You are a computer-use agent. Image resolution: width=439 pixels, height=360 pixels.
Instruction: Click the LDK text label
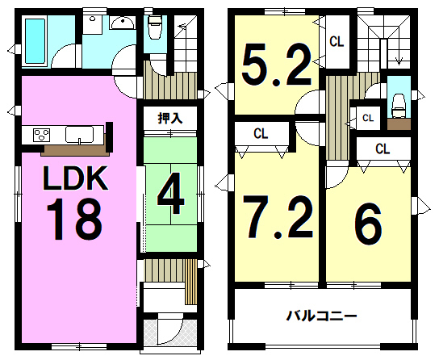click(75, 178)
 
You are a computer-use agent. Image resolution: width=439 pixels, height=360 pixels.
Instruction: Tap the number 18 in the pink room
click(74, 220)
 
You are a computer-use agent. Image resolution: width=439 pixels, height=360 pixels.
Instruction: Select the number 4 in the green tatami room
click(171, 193)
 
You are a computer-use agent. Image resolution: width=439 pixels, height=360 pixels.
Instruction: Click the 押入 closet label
click(170, 118)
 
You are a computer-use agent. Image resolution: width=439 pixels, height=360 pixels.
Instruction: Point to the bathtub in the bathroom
click(35, 41)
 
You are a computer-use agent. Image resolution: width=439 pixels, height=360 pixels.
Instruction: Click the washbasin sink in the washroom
click(123, 23)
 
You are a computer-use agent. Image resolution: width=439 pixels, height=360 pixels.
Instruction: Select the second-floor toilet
click(399, 106)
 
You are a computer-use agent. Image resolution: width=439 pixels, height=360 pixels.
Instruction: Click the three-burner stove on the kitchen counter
click(41, 135)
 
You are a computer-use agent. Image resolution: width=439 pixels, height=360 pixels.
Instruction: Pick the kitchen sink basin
click(80, 134)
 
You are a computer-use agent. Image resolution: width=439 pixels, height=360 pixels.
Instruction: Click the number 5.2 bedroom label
click(277, 65)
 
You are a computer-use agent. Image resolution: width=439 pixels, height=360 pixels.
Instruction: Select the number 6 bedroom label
click(368, 223)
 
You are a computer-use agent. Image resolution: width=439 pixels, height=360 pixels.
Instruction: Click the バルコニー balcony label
click(321, 316)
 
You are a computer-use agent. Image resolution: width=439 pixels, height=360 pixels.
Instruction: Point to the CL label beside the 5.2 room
click(337, 42)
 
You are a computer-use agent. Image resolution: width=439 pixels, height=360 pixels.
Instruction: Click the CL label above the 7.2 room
click(261, 133)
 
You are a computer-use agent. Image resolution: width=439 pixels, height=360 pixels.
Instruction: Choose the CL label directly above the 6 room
click(383, 149)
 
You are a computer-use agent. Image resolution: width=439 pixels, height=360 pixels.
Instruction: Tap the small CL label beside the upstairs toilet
click(368, 118)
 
